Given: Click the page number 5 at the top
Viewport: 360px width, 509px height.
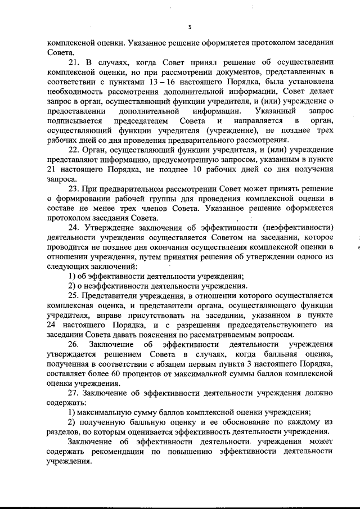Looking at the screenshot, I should (190, 26).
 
